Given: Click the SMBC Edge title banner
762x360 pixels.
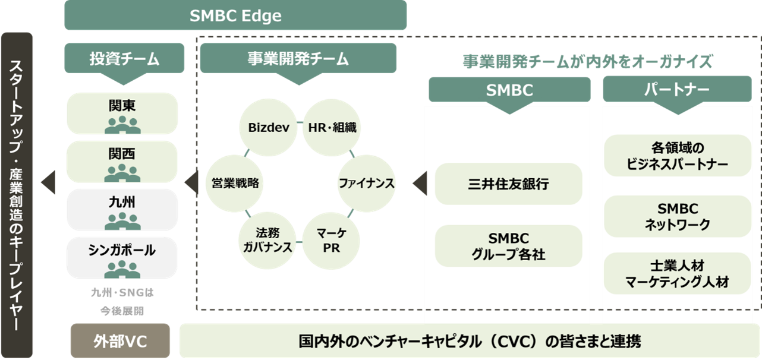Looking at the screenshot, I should (x=235, y=15).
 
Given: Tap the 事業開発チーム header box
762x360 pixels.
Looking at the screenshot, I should (x=298, y=59).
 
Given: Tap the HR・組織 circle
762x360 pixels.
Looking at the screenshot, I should (x=332, y=127).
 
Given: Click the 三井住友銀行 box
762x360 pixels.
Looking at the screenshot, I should (x=508, y=184).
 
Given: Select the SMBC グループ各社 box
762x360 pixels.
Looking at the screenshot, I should (x=508, y=247).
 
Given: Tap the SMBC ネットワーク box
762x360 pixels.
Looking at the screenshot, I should (x=678, y=216).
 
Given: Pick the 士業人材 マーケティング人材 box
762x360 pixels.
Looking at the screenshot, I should (x=678, y=274).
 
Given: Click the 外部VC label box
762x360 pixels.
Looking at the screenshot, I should (x=120, y=342).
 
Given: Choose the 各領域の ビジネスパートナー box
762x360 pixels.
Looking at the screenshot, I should (x=678, y=156).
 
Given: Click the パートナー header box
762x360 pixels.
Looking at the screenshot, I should (x=677, y=90).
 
